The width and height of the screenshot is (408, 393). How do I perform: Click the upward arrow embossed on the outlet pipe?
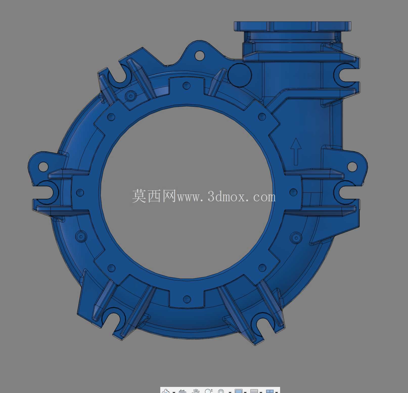click(296, 151)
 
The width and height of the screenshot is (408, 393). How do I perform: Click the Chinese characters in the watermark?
click(154, 196)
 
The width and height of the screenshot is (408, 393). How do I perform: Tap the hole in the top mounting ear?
click(199, 55)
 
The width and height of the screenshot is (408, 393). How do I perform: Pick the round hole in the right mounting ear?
click(352, 166)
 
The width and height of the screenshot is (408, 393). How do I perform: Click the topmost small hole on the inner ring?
click(187, 85)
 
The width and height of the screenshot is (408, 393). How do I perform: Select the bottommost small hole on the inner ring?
click(187, 299)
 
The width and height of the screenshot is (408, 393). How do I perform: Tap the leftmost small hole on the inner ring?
click(80, 192)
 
